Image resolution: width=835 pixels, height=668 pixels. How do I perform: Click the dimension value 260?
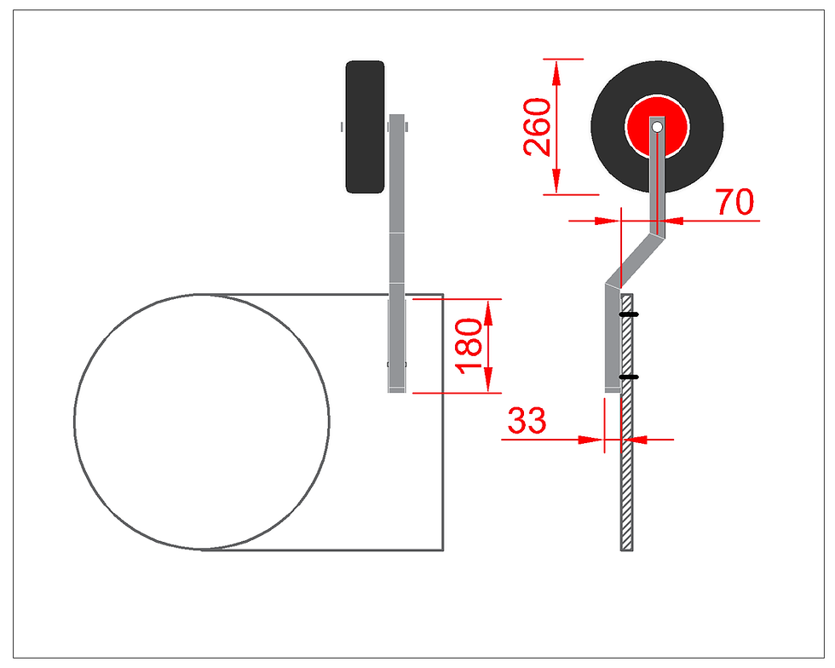(x=537, y=127)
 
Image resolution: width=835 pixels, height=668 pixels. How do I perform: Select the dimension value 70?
(x=734, y=203)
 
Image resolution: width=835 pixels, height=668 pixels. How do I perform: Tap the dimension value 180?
(x=469, y=346)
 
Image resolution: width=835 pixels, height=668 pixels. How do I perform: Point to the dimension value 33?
(x=527, y=421)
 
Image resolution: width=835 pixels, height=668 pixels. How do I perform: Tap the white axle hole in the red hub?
(x=657, y=126)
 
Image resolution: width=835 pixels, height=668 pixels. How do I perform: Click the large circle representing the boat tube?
(x=202, y=421)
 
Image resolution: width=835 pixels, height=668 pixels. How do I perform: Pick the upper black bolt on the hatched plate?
(x=628, y=315)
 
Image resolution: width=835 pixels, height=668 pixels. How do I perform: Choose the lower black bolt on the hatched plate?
(x=628, y=377)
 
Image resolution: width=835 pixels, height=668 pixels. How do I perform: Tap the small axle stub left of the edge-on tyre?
(x=342, y=127)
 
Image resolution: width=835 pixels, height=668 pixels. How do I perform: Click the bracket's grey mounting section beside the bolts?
(x=612, y=341)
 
